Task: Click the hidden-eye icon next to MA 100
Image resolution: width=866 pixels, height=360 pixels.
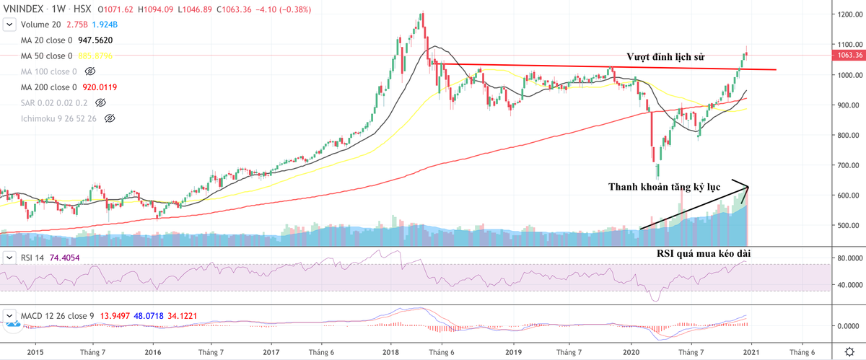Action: pos(90,71)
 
